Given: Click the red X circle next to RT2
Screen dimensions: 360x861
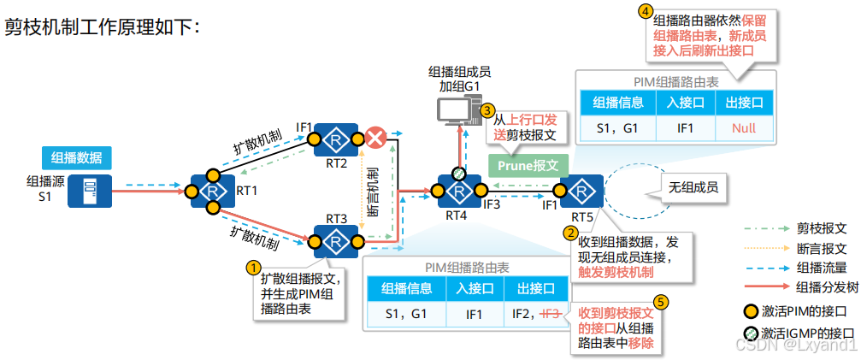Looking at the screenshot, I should (x=374, y=138).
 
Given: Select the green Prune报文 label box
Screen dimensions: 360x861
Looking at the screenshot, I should (x=528, y=164).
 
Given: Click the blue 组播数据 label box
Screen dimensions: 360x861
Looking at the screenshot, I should (x=76, y=156).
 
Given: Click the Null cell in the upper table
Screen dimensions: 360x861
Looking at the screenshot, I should (x=744, y=128).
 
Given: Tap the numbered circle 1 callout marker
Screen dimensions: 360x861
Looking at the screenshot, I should (x=252, y=267).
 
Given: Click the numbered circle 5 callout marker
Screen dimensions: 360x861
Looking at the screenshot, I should (x=660, y=302).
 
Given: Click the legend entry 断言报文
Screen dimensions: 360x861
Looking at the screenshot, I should (x=821, y=249).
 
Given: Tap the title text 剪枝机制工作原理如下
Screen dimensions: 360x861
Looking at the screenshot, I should (x=103, y=27).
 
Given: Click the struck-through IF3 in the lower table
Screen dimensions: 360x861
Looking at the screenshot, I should (x=551, y=314).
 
